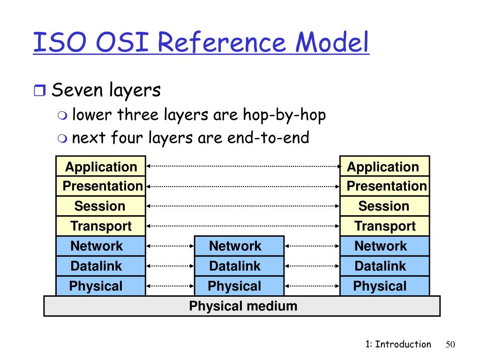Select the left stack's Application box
pos(101,166)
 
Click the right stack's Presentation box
pos(385,186)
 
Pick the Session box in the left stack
pos(101,206)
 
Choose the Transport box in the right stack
pos(385,226)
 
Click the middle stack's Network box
pos(239,246)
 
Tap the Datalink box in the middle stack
pos(239,266)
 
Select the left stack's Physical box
pos(101,286)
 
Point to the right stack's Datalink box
pos(385,266)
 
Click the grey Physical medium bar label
pos(243,307)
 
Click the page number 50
pos(450,345)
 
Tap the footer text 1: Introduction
pos(398,345)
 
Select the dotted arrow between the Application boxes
pos(243,165)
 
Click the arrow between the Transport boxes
pos(243,225)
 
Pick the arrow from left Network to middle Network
pos(170,245)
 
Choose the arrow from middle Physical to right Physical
pos(312,285)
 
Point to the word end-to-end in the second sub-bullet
pos(268,138)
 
